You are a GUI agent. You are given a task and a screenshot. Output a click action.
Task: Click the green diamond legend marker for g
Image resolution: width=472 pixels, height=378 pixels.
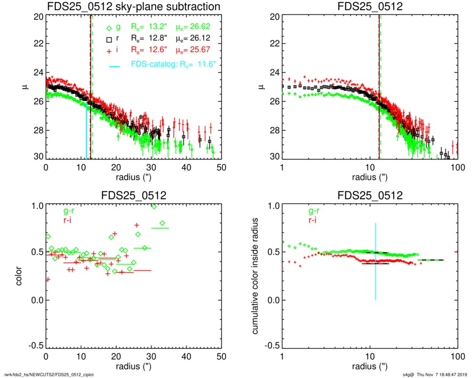pyautogui.click(x=109, y=28)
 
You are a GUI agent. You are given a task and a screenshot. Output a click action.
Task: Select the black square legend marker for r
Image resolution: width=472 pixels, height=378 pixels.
pyautogui.click(x=109, y=40)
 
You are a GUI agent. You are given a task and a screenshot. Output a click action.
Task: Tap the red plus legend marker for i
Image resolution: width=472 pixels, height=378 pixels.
pyautogui.click(x=109, y=51)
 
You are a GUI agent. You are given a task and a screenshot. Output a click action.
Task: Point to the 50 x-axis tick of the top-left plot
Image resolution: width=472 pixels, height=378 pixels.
pyautogui.click(x=221, y=167)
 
